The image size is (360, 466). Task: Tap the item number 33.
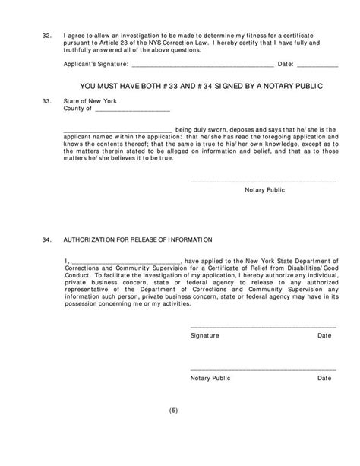tap(46, 100)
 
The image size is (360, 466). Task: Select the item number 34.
tap(46, 239)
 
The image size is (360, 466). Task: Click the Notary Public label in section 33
tap(263, 189)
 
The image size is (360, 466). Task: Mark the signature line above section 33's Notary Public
tap(263, 181)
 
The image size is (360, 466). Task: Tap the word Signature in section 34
tap(205, 335)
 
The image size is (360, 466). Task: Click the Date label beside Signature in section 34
tap(324, 335)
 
